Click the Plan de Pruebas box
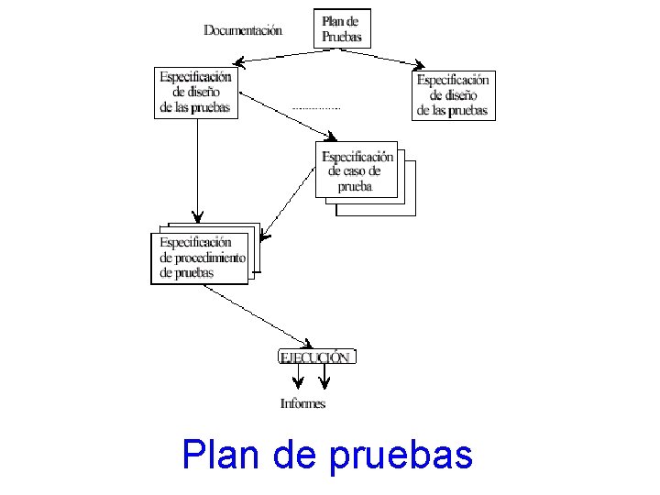343,28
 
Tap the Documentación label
243,29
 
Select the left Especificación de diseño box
196,92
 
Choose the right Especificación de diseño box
453,95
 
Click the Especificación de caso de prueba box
357,170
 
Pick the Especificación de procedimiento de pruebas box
200,258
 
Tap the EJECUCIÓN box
314,357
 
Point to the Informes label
302,403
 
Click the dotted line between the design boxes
315,108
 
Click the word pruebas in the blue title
400,456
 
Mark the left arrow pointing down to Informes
299,376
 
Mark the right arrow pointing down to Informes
324,376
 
